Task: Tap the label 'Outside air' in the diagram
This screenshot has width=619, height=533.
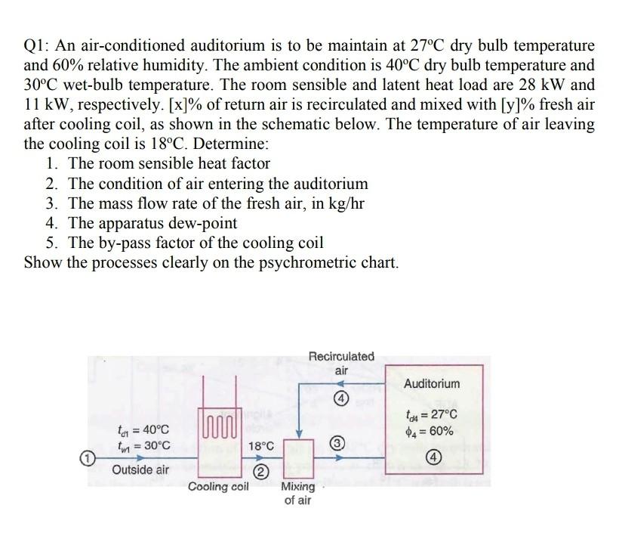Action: [x=141, y=469]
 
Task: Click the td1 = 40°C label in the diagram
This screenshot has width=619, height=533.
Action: [x=138, y=429]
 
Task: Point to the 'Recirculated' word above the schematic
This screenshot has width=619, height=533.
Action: [x=341, y=355]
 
